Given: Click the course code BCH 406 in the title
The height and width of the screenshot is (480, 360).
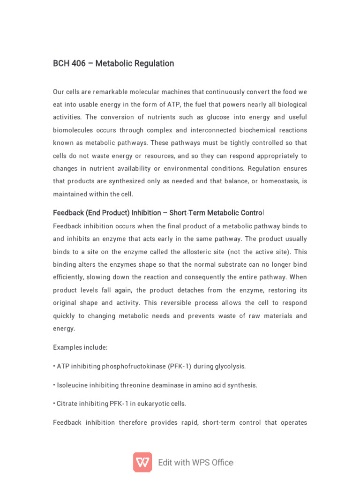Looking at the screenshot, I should tap(69, 63).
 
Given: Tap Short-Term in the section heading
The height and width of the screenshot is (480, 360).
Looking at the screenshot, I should tap(185, 213).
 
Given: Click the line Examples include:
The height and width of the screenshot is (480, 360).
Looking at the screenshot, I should tap(80, 347).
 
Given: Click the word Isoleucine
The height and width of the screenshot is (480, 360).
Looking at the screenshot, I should tap(73, 385).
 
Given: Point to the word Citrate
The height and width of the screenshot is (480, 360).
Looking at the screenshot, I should tap(67, 404).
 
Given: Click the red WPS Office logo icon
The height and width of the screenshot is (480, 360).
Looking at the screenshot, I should tap(142, 462).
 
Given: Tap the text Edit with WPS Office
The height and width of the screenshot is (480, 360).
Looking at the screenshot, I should tap(195, 463).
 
